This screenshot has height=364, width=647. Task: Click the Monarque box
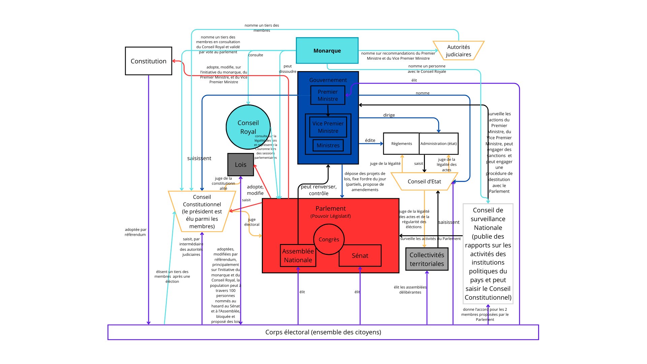pos(327,51)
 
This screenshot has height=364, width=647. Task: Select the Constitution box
pos(148,61)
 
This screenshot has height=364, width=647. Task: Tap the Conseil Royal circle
pos(248,127)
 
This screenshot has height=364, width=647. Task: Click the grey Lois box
pos(241,164)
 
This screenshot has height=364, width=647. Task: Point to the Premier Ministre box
pos(328,95)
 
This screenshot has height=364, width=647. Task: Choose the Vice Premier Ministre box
pos(328,127)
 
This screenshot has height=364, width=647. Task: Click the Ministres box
pos(328,145)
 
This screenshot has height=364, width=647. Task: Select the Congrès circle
pos(329,239)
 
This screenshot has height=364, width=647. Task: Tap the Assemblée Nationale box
pos(298,255)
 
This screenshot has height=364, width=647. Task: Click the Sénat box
pos(360,255)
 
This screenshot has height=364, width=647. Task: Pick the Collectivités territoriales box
pos(427,259)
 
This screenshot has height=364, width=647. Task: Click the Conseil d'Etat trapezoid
pos(424,181)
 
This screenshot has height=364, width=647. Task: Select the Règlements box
pos(401,144)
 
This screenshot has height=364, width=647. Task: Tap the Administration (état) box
pos(438,144)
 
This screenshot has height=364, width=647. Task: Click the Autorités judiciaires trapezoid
pos(458,51)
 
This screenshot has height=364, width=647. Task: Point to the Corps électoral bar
pos(323,332)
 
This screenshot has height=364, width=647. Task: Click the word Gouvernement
pos(328,80)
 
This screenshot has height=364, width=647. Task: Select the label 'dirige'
pos(389,115)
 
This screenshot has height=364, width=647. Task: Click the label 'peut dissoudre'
pos(287,69)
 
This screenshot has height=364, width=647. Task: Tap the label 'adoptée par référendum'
pos(135,232)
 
